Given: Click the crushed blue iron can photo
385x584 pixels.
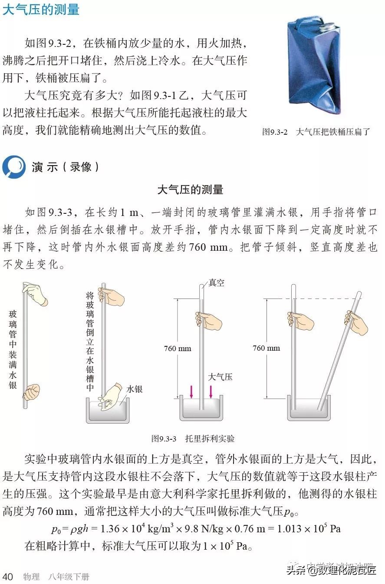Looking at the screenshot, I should (x=314, y=65).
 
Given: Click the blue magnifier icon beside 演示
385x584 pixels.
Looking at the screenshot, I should (x=14, y=167).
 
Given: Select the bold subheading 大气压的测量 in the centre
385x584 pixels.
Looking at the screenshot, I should (x=190, y=189).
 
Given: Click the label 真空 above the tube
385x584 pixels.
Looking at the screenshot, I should (x=216, y=282).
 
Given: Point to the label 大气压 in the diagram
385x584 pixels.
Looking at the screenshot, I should (x=220, y=377).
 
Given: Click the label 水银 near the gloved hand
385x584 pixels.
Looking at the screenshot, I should (x=135, y=389).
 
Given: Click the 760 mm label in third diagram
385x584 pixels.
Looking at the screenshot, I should (x=178, y=348).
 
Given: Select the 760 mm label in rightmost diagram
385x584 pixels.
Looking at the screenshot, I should (x=267, y=348).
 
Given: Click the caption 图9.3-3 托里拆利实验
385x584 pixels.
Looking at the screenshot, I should (x=193, y=439).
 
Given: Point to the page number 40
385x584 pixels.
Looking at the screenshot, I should (x=8, y=577).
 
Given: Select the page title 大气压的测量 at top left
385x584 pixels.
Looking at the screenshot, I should (x=41, y=10).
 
